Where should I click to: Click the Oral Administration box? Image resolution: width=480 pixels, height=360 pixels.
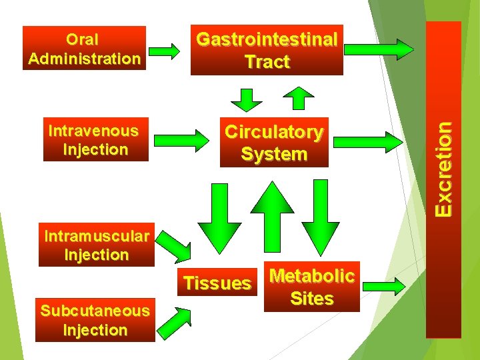click(84, 48)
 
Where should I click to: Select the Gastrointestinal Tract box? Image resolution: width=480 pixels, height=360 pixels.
click(267, 51)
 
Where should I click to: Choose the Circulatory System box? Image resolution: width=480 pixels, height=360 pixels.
click(274, 143)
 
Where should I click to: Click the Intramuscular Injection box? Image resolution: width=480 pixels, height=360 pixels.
click(96, 245)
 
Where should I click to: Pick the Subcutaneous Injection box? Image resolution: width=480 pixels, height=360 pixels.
click(95, 321)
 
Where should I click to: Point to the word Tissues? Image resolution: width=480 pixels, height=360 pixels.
click(217, 283)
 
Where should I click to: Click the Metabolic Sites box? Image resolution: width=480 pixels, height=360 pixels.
click(311, 287)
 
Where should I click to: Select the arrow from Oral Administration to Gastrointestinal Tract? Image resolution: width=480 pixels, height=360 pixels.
click(164, 51)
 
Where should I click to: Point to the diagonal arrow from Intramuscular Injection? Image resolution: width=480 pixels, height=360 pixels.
click(175, 247)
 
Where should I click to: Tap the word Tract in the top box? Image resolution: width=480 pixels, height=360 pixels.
click(267, 62)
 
